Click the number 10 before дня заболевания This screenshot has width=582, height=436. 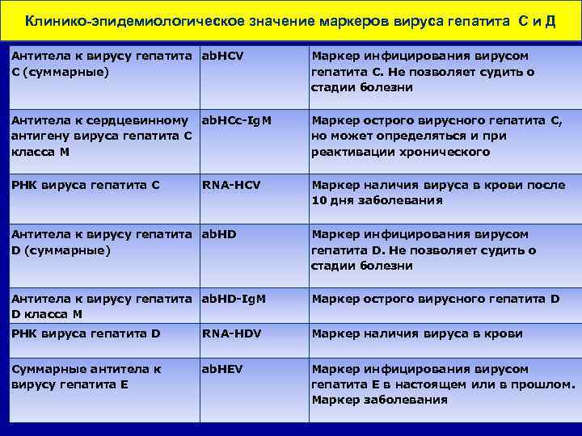click(x=319, y=200)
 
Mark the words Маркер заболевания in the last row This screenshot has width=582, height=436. click(x=379, y=400)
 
